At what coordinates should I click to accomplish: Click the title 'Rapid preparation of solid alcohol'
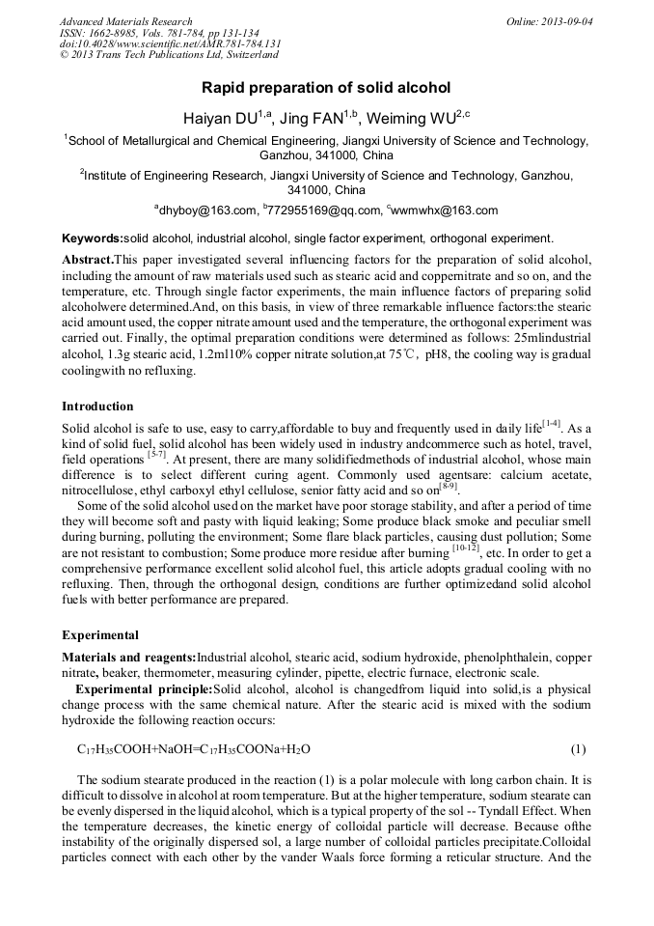tap(326, 87)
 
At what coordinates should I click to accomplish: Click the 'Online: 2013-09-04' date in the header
tap(549, 21)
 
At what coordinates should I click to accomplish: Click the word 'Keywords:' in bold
tap(93, 238)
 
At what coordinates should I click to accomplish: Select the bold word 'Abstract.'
tap(88, 261)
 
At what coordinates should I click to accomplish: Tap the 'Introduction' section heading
tap(97, 407)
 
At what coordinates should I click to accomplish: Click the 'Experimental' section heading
tap(100, 635)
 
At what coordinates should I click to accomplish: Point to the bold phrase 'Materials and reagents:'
tap(128, 659)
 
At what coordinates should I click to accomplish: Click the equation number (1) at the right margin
tap(578, 749)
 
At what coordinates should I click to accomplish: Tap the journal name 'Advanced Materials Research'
tap(126, 21)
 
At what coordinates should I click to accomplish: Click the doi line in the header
tap(171, 44)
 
